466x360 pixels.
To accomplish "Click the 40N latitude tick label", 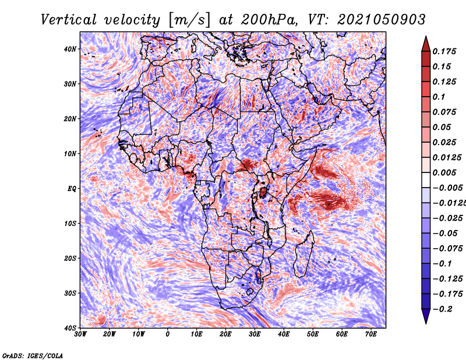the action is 70,49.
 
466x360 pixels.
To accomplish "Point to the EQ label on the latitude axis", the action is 72,189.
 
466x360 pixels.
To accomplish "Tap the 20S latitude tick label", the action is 70,258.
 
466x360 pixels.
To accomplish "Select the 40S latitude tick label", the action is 70,328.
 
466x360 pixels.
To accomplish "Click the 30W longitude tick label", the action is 80,334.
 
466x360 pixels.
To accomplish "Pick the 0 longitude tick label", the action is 168,334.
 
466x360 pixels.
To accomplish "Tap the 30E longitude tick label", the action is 255,334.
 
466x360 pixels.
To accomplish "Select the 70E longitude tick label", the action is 372,334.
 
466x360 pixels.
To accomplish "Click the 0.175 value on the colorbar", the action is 444,52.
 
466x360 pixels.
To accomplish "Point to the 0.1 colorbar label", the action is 439,97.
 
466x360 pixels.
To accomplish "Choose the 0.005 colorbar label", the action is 444,172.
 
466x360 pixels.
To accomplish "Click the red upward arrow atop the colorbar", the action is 426,44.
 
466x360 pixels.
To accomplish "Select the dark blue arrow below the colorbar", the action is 426,316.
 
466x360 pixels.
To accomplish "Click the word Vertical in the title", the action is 68,20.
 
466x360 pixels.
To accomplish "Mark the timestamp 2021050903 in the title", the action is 381,20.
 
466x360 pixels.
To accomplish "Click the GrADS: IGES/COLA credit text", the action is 33,355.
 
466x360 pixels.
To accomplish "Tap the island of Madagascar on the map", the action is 304,253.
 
